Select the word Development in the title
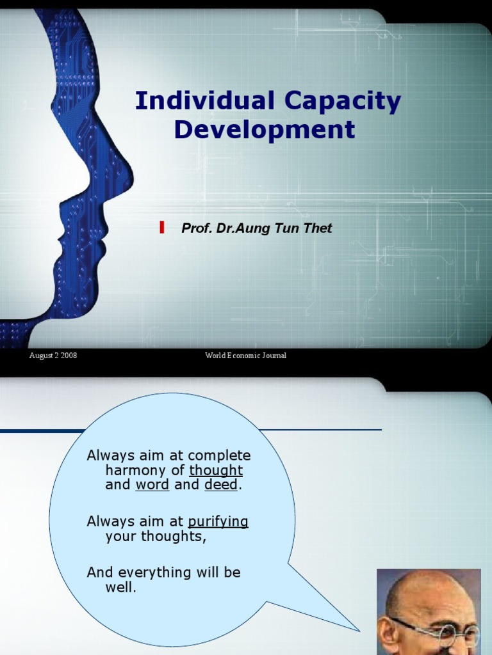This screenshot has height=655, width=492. coord(264,130)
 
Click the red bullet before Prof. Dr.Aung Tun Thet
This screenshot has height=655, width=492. coord(162,227)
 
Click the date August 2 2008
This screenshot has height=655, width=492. coord(53,356)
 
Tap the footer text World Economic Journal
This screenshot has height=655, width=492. coord(245,356)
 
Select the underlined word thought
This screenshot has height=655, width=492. coord(216,471)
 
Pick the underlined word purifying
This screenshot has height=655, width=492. coord(218,522)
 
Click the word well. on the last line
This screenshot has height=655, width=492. coord(120,587)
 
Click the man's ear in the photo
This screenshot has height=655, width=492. coord(386,633)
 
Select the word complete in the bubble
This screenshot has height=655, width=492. coord(218,456)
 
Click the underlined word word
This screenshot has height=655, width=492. coord(152,485)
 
